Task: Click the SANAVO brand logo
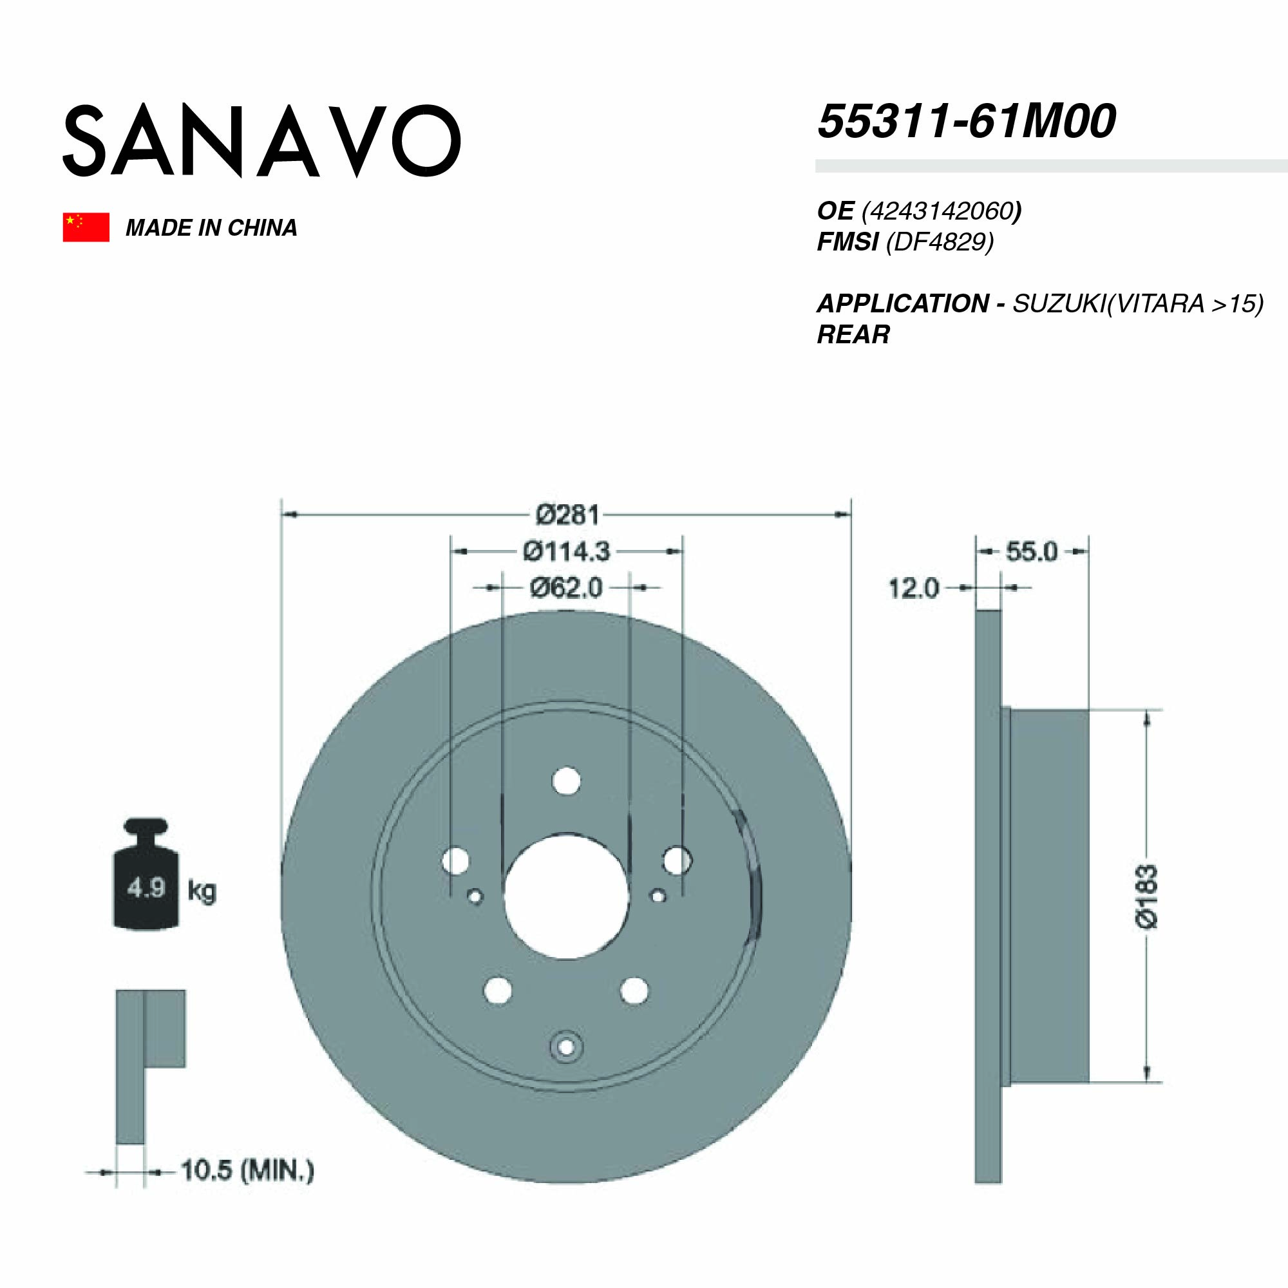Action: tap(261, 140)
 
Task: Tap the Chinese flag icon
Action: tap(86, 227)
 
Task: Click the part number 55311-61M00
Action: tap(966, 122)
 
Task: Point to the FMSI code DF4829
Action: tap(940, 241)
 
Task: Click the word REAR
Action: tap(853, 334)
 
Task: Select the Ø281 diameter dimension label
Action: tap(568, 515)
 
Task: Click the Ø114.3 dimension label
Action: tap(567, 551)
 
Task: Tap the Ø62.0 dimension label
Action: tap(566, 588)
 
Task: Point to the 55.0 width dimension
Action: tap(1031, 552)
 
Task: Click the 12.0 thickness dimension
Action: tap(913, 589)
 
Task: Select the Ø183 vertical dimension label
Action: tap(1147, 896)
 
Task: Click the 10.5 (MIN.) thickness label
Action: tap(247, 1171)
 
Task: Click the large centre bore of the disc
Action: tap(566, 897)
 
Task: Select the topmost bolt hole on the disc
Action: tap(567, 781)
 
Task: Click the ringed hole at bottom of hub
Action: tap(566, 1048)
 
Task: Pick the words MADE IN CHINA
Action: tap(211, 228)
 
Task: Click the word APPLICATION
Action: tap(903, 304)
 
